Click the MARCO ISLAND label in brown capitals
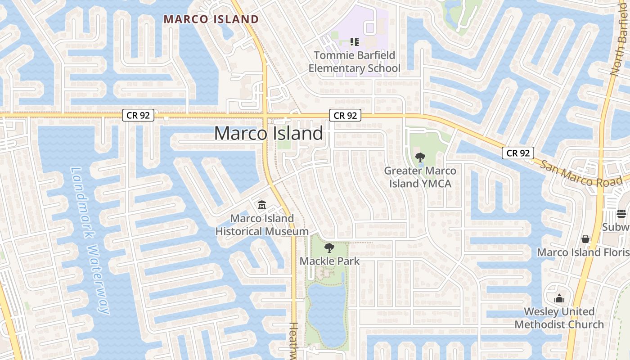click(x=211, y=19)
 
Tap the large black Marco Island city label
click(x=269, y=134)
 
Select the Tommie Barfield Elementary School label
click(x=354, y=62)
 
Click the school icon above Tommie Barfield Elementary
click(x=355, y=42)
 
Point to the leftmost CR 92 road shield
click(x=138, y=115)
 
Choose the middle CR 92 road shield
click(x=345, y=116)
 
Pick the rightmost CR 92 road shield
click(x=518, y=153)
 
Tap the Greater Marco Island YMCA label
click(x=420, y=177)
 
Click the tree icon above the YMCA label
click(x=420, y=157)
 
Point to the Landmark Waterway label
click(x=90, y=241)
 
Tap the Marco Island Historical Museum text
click(x=262, y=225)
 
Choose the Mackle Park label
click(x=330, y=261)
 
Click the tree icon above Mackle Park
click(x=329, y=247)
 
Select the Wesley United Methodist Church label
click(x=559, y=318)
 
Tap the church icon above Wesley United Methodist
click(x=559, y=298)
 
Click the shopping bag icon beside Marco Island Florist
click(x=585, y=239)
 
